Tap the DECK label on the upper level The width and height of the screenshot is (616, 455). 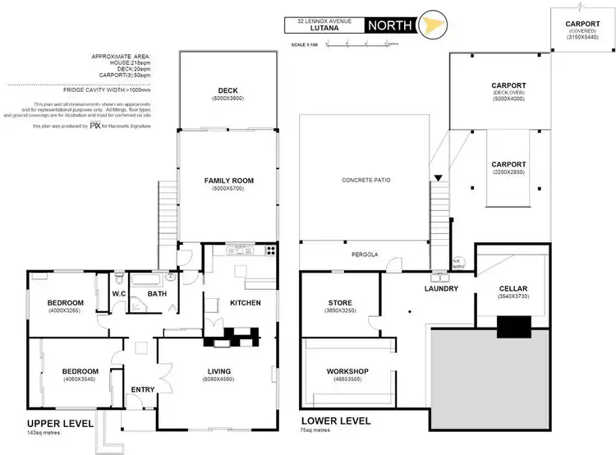[x=228, y=90]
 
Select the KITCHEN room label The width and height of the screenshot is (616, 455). [x=244, y=303]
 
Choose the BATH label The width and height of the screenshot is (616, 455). [x=157, y=293]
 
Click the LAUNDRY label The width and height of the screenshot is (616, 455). [x=441, y=289]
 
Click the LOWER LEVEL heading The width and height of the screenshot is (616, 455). [x=335, y=421]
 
